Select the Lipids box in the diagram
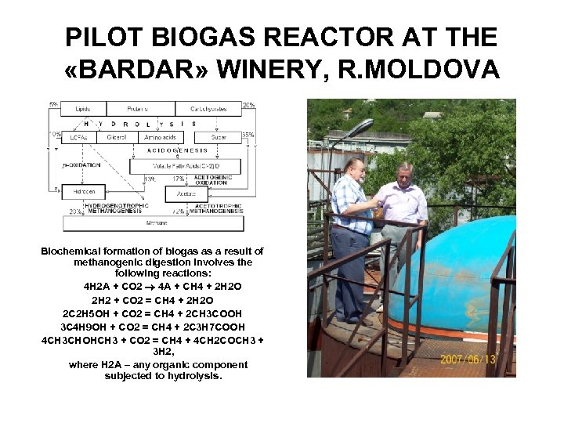83,109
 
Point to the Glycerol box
117,136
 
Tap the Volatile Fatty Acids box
186,167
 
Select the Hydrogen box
83,190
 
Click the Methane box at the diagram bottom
157,223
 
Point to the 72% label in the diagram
178,211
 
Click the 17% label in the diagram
178,179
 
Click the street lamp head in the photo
361,126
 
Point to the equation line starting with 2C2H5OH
152,313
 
